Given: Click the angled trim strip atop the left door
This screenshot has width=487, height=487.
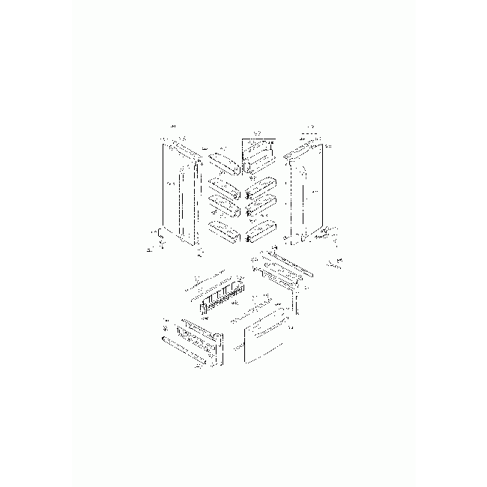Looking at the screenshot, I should click(x=184, y=147).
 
